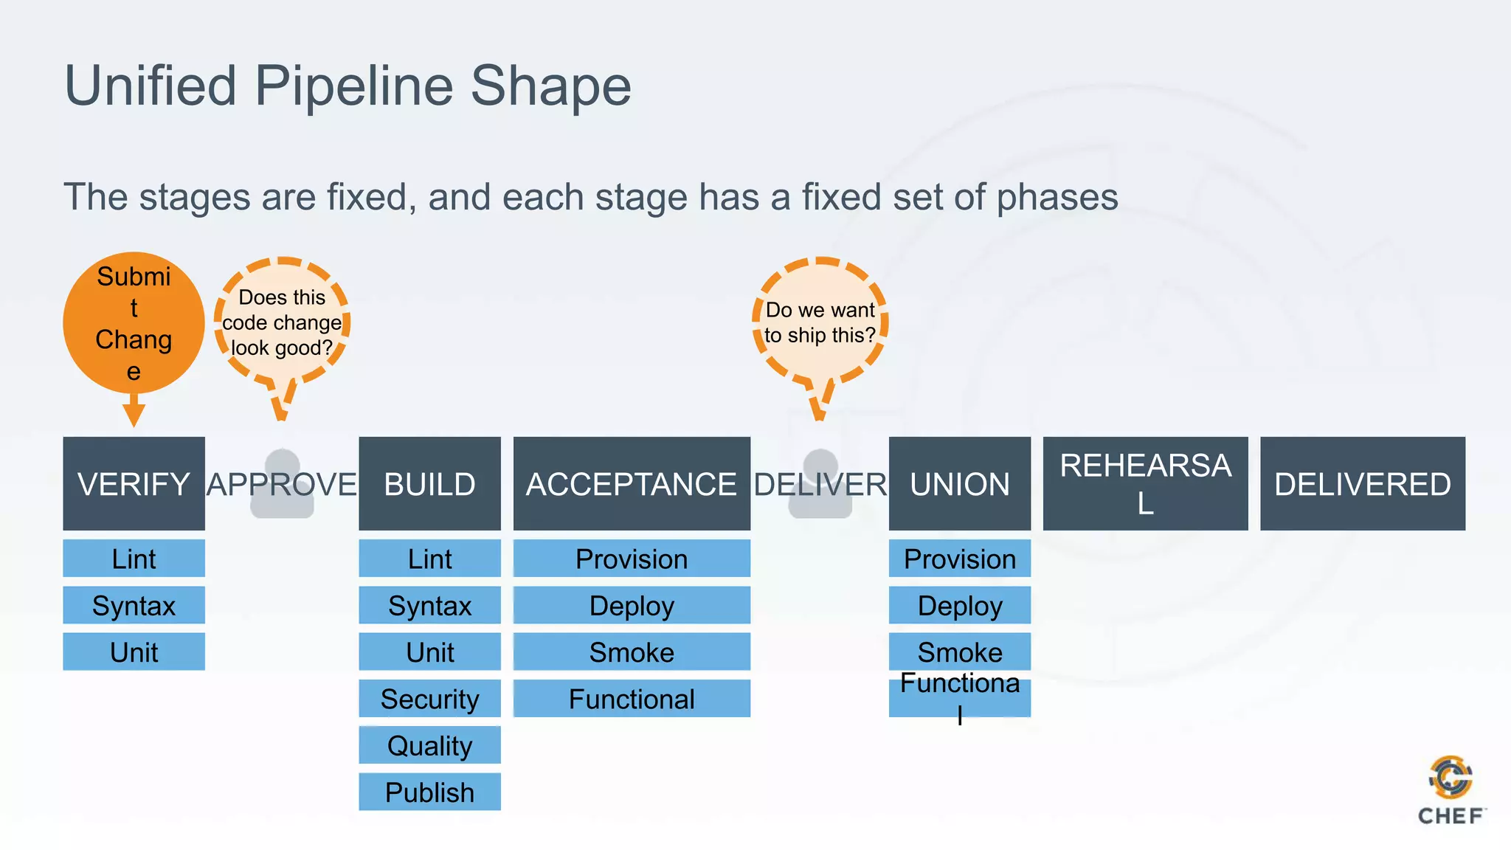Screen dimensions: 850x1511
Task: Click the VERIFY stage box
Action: pyautogui.click(x=134, y=483)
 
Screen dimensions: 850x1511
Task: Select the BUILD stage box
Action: pyautogui.click(x=429, y=483)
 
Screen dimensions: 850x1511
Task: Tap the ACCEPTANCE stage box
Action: pyautogui.click(x=632, y=483)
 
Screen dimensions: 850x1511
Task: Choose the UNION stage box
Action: pyautogui.click(x=959, y=483)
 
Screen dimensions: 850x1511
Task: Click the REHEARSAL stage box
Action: pyautogui.click(x=1145, y=483)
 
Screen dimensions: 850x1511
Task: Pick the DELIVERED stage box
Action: pyautogui.click(x=1362, y=483)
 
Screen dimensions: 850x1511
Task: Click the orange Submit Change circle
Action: pyautogui.click(x=134, y=322)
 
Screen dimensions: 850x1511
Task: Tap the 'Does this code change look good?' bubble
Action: pyautogui.click(x=282, y=322)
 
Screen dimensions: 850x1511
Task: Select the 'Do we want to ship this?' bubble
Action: pyautogui.click(x=820, y=322)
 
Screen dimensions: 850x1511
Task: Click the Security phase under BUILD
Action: pyautogui.click(x=429, y=698)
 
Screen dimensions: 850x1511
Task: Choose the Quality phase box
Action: pyautogui.click(x=429, y=745)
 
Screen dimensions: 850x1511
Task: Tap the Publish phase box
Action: pyautogui.click(x=429, y=792)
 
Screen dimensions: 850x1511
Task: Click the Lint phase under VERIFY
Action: pyautogui.click(x=134, y=559)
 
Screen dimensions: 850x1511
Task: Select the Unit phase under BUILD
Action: pyautogui.click(x=429, y=652)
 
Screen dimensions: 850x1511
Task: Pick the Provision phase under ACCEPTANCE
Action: pyautogui.click(x=632, y=559)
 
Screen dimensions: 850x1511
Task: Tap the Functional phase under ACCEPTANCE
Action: pyautogui.click(x=632, y=698)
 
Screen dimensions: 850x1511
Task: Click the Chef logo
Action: pyautogui.click(x=1451, y=789)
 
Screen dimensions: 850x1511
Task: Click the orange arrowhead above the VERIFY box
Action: pyautogui.click(x=134, y=415)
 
